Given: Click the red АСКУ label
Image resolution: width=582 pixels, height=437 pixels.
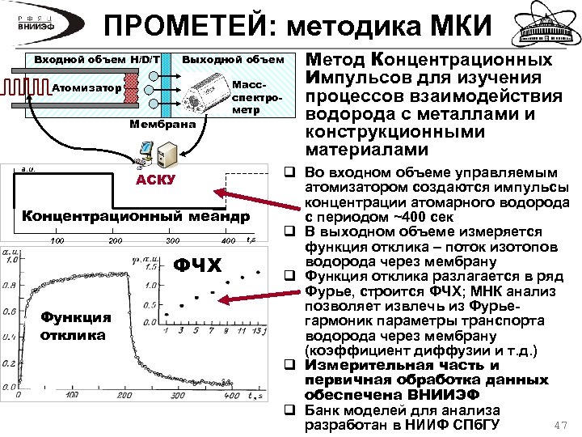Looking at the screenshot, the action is (154, 179).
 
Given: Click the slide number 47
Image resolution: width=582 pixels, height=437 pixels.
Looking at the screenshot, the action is (557, 425).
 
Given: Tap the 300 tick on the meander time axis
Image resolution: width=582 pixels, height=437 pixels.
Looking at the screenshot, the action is (172, 241).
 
